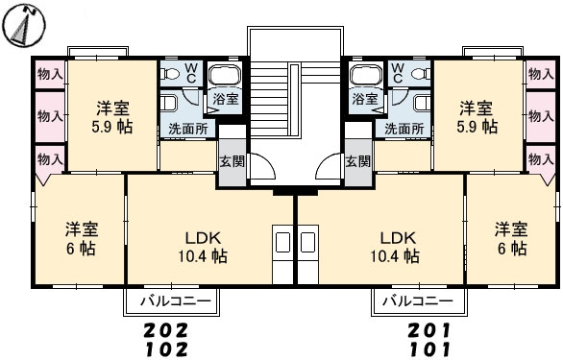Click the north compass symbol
coord(24,25)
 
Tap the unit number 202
coord(165,330)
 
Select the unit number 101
coord(429,349)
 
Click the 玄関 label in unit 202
coord(232,161)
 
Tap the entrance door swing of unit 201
coord(327,165)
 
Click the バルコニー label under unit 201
coord(418,300)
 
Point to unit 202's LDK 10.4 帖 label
coord(203,247)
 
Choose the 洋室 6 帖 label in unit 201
coord(512,238)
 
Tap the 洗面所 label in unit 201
coord(404,129)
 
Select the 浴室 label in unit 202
coord(226,99)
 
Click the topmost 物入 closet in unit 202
coord(50,75)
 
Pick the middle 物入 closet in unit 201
coord(541,116)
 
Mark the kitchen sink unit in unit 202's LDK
coord(282,254)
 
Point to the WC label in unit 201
coord(398,73)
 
